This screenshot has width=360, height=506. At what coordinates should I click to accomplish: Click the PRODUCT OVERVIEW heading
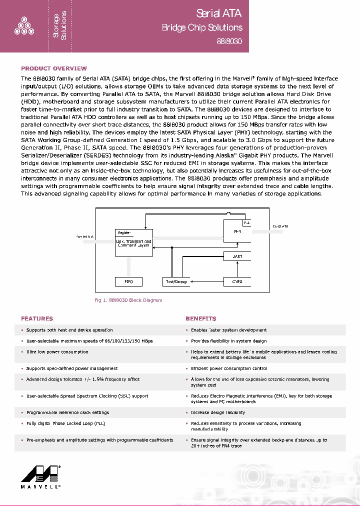tap(53, 68)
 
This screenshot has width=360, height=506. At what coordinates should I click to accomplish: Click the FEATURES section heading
tap(36, 318)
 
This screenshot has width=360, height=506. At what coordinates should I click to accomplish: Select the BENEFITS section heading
tap(200, 318)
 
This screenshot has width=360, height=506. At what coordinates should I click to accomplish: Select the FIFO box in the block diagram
tap(128, 281)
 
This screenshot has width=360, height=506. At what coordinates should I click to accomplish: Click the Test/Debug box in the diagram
tap(176, 281)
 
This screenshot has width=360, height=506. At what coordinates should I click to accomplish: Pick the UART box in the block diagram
tap(237, 256)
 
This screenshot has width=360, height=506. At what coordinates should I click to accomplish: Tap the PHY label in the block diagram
tap(237, 232)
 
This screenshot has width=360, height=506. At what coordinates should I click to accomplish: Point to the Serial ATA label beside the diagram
tap(280, 226)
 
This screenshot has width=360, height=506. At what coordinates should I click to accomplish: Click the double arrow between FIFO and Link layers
tap(129, 266)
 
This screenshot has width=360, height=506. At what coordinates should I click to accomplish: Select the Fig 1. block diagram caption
tap(128, 300)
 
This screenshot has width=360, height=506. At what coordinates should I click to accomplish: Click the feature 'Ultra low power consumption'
tap(57, 352)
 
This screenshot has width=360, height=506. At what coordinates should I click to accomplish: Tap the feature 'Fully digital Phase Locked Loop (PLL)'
tap(65, 423)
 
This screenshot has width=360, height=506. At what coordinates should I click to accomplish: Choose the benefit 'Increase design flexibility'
tap(218, 412)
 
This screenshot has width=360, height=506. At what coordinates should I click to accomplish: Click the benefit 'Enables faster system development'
tap(228, 330)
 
